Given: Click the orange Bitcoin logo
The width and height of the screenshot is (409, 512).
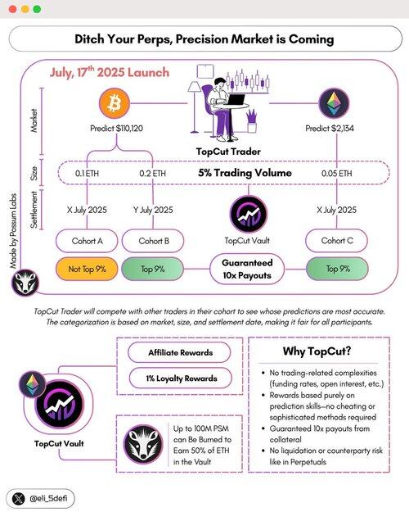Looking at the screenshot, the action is pos(115,103).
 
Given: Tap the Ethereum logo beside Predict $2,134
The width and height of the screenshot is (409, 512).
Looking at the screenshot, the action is pos(333,103).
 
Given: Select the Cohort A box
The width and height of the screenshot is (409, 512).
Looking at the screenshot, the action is pos(87,241).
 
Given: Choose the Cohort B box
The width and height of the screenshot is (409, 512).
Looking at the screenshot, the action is pos(153,241).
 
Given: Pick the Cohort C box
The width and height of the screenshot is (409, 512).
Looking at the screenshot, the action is pos(336,241).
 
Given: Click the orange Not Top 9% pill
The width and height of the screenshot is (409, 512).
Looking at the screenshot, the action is pos(87,269).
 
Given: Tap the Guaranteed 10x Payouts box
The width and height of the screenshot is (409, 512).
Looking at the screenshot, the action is pos(247,269).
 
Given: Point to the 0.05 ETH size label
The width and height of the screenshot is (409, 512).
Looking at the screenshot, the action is pos(336,173).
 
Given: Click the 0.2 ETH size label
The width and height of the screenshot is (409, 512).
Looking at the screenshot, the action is pos(152,173).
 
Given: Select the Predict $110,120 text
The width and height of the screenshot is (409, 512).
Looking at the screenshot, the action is pos(116,129).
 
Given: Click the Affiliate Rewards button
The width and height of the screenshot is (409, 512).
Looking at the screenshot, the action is pos(179,352).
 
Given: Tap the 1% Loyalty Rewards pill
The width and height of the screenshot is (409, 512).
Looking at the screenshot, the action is pos(181,378).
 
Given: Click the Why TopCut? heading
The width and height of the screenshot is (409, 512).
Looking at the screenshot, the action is pos(317,351).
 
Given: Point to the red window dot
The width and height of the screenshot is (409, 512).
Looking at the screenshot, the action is pos(13,9).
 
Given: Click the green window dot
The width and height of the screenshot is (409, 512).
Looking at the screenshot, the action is pos(37,9).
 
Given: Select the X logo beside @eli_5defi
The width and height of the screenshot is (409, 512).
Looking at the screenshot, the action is pos(18,499).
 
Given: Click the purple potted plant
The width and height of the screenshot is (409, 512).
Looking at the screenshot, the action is pos(251,120).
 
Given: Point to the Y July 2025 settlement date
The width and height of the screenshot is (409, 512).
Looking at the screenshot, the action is pos(153,210).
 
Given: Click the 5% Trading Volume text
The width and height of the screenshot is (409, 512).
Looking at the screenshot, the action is pos(245,173).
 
